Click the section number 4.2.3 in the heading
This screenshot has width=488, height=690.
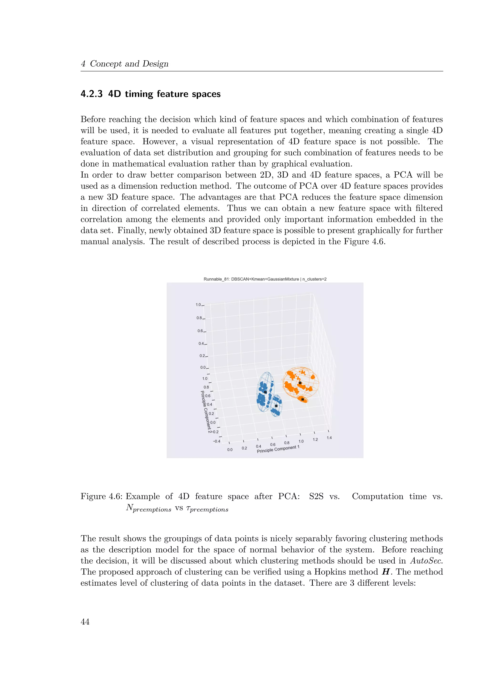[x=91, y=94]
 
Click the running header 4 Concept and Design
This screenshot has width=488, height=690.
[x=124, y=64]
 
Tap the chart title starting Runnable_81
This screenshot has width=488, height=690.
[x=265, y=279]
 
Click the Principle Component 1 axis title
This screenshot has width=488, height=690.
[x=278, y=449]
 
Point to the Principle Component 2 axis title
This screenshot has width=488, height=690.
[x=206, y=412]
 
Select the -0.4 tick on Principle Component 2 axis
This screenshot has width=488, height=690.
[x=216, y=441]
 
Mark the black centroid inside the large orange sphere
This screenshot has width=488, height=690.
[x=300, y=383]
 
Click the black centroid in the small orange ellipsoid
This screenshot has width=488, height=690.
[x=303, y=399]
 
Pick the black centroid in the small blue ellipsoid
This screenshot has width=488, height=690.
[x=276, y=406]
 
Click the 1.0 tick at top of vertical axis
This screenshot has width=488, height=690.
[x=198, y=305]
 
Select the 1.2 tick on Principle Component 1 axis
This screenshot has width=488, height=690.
[x=315, y=440]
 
